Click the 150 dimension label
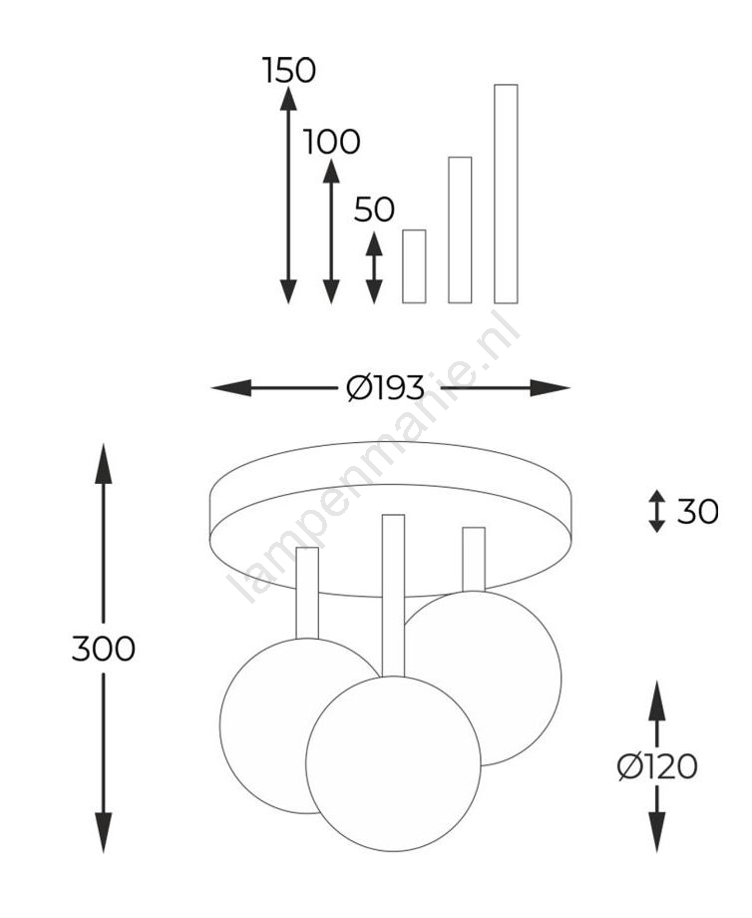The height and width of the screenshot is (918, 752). (288, 70)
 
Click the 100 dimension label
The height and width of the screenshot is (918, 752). (331, 142)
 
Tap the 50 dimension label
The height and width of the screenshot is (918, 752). (374, 209)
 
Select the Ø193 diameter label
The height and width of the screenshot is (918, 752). (385, 387)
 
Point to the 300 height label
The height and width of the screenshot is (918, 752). (104, 649)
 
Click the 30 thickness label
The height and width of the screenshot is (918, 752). (697, 512)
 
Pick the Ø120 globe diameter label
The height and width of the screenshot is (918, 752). (657, 766)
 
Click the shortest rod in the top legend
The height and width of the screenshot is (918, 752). (414, 266)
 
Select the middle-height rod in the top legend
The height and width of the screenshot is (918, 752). (460, 230)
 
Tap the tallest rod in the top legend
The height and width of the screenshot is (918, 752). (507, 194)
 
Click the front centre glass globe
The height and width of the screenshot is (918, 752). (393, 763)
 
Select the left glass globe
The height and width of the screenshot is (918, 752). (263, 726)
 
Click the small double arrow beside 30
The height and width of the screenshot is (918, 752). (657, 511)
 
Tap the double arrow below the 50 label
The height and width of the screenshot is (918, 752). (374, 267)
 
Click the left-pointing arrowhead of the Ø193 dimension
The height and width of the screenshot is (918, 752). (231, 387)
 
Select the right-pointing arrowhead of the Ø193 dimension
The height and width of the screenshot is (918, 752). (551, 387)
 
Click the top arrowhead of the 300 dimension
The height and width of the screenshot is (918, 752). (104, 464)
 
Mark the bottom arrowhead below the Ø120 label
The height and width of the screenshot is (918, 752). (657, 832)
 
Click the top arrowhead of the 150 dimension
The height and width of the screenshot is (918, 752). (288, 97)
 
